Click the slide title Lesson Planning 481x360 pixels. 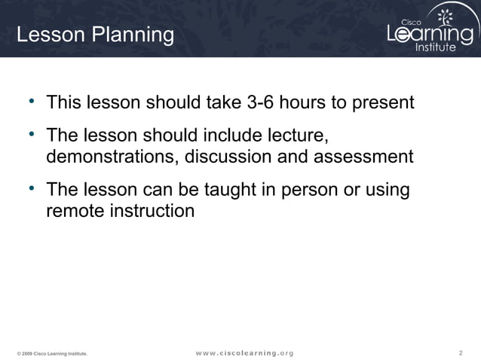coord(95,35)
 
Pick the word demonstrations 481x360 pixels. coord(113,157)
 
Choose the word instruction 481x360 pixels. coord(152,210)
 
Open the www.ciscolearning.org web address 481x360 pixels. coord(245,352)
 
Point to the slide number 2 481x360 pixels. coord(461,352)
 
